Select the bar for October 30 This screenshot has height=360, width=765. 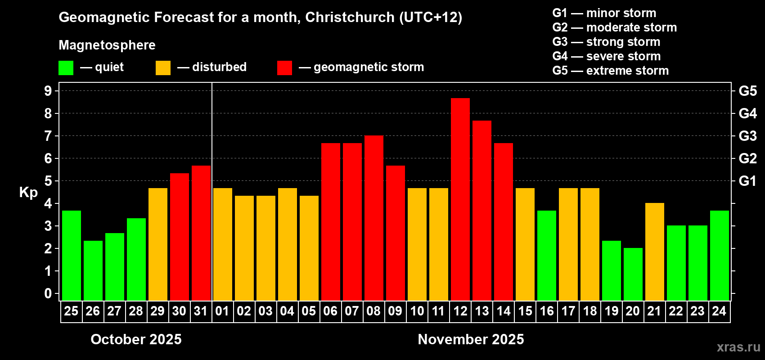coord(179,237)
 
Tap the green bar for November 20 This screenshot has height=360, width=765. coord(633,274)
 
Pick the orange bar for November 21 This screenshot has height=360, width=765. coord(654,252)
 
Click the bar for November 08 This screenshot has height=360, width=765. coord(373,218)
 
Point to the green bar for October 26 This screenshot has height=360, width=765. coord(93,270)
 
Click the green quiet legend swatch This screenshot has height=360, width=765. coord(66,68)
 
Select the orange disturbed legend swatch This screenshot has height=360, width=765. coord(163,68)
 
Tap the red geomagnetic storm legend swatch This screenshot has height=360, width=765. coord(284,68)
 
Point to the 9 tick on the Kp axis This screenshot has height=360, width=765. coord(48,91)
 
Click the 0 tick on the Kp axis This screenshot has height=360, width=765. coord(48,293)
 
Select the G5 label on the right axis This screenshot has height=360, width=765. coord(747,91)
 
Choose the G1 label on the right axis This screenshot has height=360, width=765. coord(747,181)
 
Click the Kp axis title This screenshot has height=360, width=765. coord(28,192)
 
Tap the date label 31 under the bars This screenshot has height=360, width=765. coord(201,311)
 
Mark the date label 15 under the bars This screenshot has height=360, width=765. coord(525,311)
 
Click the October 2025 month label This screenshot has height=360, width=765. coord(136,339)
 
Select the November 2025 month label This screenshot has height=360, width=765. coord(471,339)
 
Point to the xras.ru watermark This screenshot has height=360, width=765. coord(738,347)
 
